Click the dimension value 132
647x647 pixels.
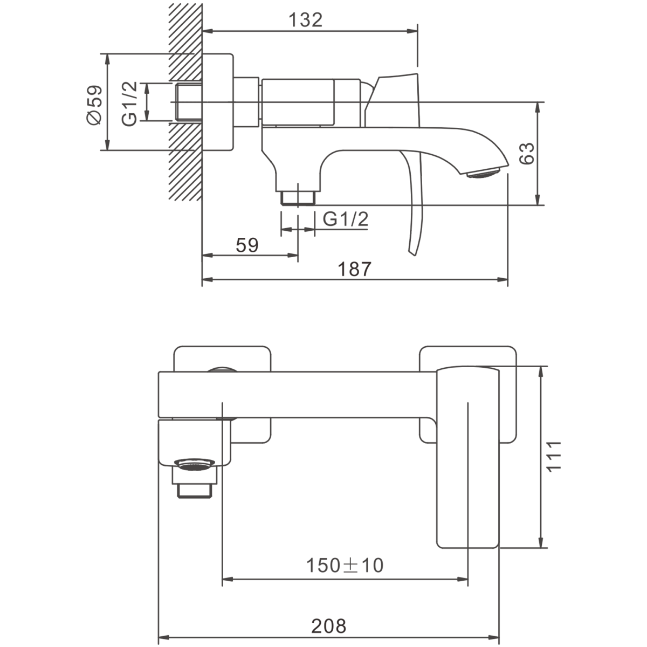click(x=305, y=20)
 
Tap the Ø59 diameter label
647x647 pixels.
click(x=94, y=105)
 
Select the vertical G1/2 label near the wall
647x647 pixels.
click(x=129, y=104)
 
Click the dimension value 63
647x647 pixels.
click(x=526, y=154)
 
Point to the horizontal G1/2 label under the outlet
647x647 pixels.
click(x=346, y=219)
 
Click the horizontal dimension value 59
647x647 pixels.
click(x=247, y=245)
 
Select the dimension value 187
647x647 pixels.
click(x=355, y=269)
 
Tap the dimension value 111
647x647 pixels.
click(x=554, y=457)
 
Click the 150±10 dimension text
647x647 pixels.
click(x=345, y=566)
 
